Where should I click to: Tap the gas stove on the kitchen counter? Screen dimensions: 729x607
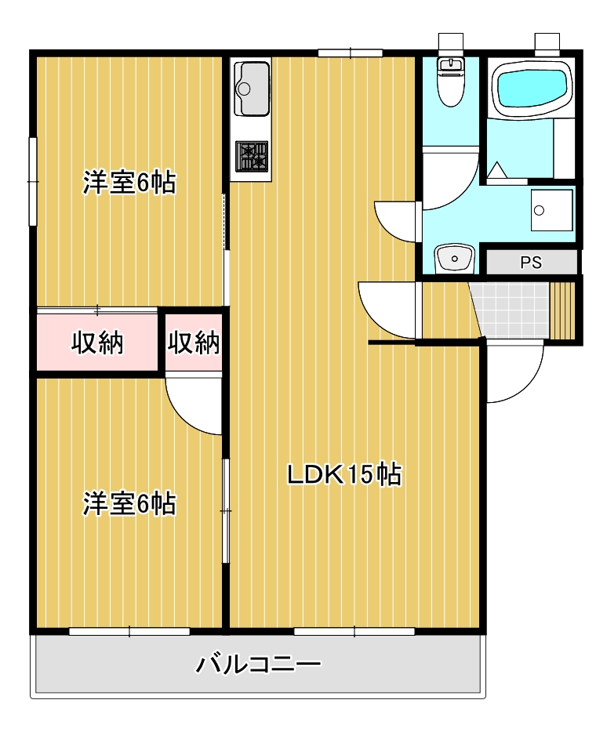[251, 156]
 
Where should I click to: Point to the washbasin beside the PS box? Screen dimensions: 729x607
[454, 257]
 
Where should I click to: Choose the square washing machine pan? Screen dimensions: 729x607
[551, 210]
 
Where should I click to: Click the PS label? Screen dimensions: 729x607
[531, 263]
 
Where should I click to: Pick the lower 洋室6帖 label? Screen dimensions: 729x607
[129, 503]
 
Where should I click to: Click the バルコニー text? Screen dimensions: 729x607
[258, 666]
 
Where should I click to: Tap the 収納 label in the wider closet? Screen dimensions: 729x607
[98, 343]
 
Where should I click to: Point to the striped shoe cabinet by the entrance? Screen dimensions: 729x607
[563, 310]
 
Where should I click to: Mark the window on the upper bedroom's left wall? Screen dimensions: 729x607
[32, 181]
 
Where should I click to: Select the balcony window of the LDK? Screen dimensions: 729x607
[354, 631]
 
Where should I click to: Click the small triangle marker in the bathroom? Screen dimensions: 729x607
[497, 170]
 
